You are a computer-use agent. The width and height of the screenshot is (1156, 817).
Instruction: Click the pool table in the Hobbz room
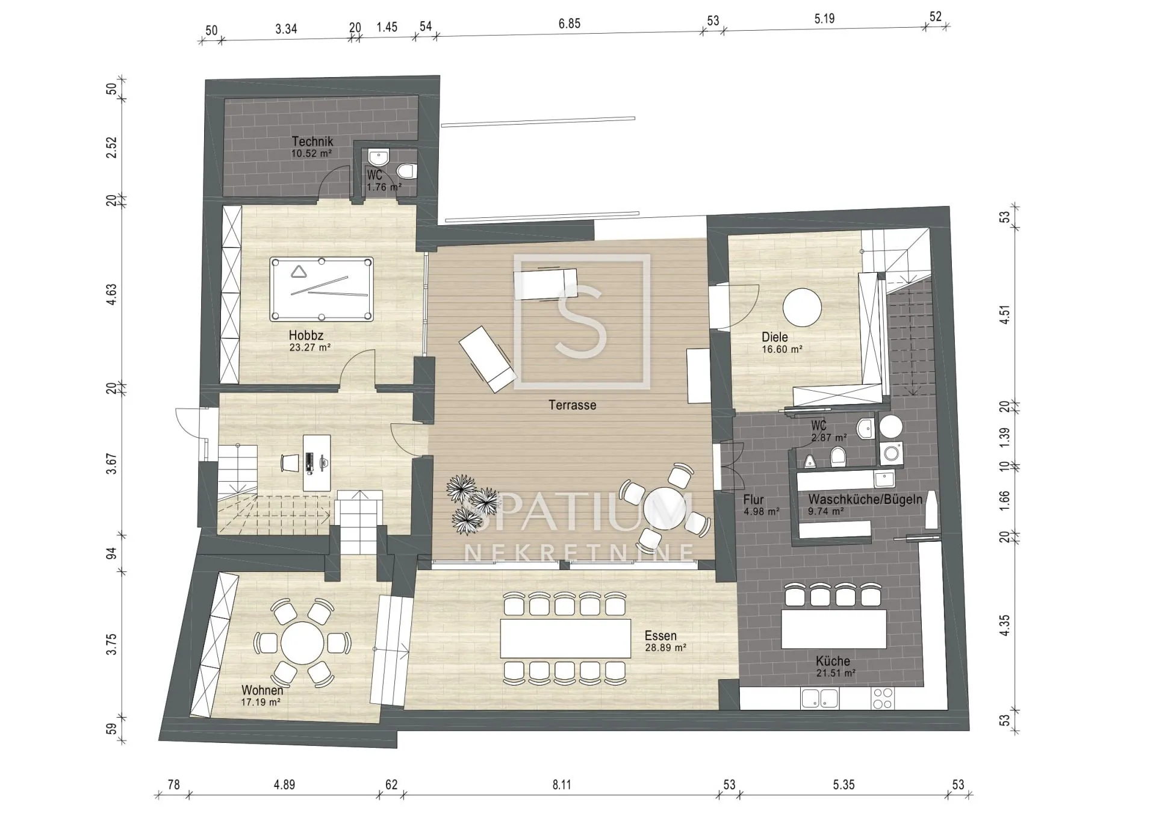click(x=322, y=290)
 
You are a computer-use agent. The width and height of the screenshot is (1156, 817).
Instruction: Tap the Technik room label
click(x=312, y=141)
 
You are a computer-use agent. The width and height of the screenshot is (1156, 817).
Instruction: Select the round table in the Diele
click(x=802, y=308)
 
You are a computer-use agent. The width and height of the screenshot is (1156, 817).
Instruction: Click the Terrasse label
click(x=572, y=405)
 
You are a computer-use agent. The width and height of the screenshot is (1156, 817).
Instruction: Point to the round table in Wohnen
click(x=302, y=642)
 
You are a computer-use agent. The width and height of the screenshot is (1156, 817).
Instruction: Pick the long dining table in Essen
click(x=565, y=638)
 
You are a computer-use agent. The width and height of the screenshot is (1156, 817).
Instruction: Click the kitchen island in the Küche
click(x=833, y=629)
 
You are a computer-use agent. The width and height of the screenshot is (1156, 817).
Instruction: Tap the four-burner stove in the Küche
click(x=883, y=698)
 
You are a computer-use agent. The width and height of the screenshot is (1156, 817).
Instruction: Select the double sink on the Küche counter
click(x=819, y=698)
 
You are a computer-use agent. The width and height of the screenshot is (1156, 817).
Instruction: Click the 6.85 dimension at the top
click(x=569, y=23)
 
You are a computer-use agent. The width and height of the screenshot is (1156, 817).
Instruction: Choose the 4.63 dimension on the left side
click(x=111, y=295)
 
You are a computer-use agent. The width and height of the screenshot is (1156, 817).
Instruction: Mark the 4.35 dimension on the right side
click(x=1004, y=625)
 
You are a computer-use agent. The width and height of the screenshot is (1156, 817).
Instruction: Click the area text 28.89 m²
click(x=665, y=648)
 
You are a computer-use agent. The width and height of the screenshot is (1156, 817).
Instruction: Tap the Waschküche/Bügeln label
click(x=865, y=499)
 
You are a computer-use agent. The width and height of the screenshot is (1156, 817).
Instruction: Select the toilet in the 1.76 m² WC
click(x=407, y=171)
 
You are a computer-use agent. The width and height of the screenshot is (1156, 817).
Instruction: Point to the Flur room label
click(x=753, y=500)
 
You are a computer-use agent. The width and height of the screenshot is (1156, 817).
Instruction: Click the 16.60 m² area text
click(x=782, y=349)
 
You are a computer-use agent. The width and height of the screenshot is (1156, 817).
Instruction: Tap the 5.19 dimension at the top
click(x=824, y=19)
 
